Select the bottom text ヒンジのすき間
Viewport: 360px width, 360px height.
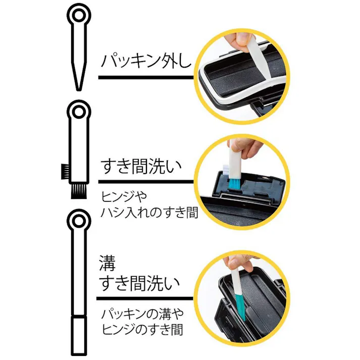pyautogui.click(x=141, y=330)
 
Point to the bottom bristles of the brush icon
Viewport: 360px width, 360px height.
pyautogui.click(x=79, y=191)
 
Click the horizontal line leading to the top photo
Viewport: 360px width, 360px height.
pyautogui.click(x=146, y=78)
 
